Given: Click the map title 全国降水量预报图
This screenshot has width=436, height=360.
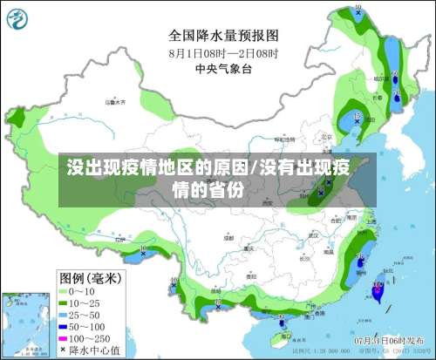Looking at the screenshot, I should coord(223,36).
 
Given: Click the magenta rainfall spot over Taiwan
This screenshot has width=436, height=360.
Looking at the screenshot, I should coord(377,294).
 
